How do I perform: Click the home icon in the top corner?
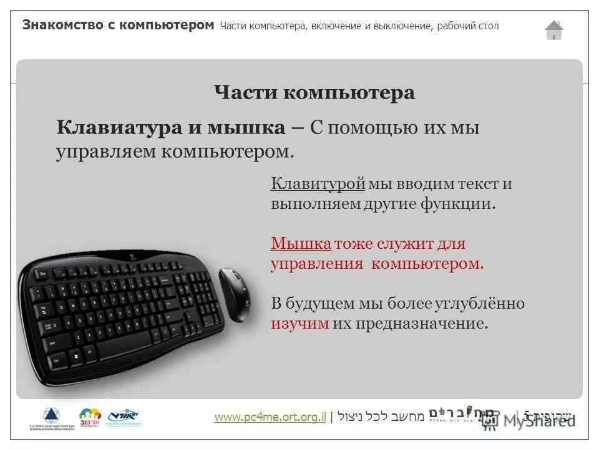point(553,30)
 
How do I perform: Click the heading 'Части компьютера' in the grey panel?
point(314,93)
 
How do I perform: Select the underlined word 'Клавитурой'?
point(318,184)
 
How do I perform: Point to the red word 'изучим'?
point(299,324)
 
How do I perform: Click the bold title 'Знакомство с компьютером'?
point(119,26)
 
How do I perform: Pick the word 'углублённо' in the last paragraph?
point(485,304)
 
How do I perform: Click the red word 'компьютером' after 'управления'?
point(427,263)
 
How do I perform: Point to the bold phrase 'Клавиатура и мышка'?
point(170,128)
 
